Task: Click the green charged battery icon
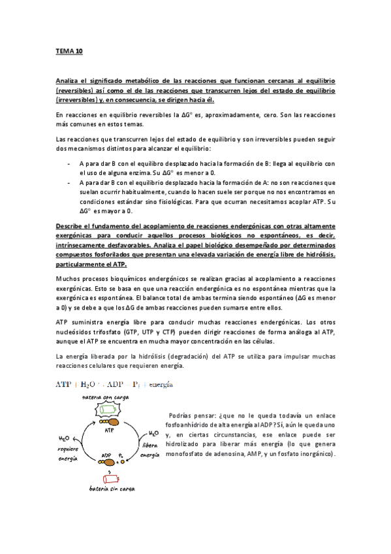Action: pos(106,410)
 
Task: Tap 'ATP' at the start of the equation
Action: pos(64,385)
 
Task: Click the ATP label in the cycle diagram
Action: pos(107,430)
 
